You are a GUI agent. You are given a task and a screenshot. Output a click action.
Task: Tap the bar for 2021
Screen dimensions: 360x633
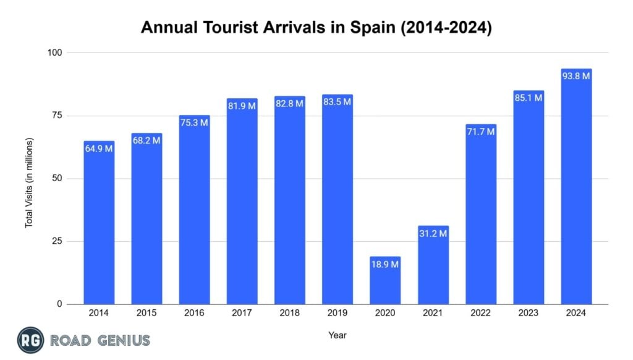click(433, 266)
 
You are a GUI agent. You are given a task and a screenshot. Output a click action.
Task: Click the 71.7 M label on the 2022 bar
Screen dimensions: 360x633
click(480, 132)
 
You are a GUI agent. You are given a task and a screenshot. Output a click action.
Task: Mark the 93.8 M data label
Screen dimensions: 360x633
click(576, 76)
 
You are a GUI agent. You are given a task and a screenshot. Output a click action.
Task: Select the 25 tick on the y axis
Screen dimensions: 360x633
click(57, 241)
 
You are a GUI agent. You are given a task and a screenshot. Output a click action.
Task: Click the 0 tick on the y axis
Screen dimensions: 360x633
click(60, 304)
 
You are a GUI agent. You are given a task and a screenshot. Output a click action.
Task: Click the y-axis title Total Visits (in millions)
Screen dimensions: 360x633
click(29, 182)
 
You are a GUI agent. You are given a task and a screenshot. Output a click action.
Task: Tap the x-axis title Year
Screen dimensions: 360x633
click(338, 335)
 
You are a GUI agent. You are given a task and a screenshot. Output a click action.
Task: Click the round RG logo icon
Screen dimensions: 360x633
click(30, 340)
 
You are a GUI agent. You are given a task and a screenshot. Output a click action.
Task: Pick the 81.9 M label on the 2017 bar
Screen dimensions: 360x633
click(242, 106)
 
